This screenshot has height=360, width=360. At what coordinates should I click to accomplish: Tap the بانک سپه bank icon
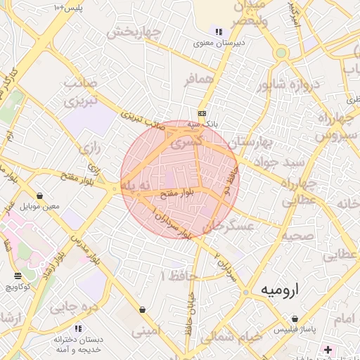point(202,113)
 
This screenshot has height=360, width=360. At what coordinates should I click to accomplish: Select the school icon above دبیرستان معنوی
point(219,32)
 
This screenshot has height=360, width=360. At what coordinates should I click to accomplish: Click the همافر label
point(198,80)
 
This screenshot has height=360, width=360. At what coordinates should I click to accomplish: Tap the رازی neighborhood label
point(90,148)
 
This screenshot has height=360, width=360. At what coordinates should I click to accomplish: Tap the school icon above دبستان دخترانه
point(77,328)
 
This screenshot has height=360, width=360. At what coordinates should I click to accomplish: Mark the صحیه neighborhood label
point(298,236)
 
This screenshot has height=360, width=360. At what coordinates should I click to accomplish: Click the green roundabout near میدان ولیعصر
point(281,52)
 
